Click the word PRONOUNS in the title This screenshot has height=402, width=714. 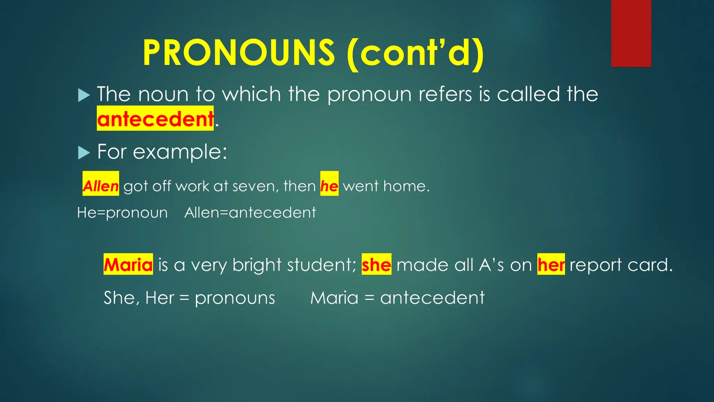coord(239,53)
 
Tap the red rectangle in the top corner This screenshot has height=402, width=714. coord(631,33)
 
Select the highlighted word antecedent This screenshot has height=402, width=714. coord(155,119)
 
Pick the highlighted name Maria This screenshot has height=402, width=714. coord(128,265)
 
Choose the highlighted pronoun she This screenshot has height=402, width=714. coord(377,265)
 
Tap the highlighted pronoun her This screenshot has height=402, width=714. coord(551,265)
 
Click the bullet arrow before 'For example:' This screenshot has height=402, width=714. coord(84,153)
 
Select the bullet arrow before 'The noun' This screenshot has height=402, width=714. coord(84,95)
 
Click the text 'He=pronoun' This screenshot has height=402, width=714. coord(122,213)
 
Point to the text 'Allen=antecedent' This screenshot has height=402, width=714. coord(250,213)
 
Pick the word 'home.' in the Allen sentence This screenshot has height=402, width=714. coord(406,186)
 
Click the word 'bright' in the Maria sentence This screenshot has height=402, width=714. coord(257,265)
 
